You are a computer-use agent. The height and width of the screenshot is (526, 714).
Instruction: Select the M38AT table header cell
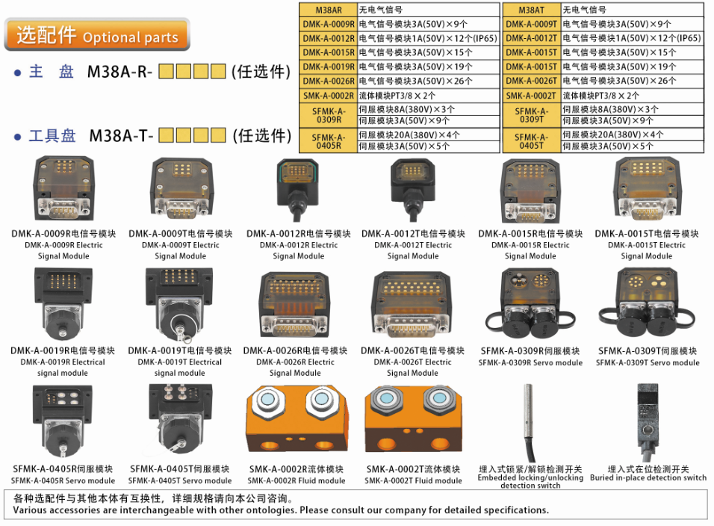[x=531, y=10]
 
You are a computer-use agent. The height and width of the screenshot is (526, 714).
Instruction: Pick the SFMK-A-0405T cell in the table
[x=531, y=141]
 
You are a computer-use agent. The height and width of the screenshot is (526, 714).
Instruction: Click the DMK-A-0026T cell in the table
[x=531, y=81]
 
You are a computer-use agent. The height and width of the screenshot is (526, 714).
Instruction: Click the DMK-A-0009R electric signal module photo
[x=62, y=191]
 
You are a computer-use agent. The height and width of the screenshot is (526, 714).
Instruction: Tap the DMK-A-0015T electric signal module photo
[x=646, y=191]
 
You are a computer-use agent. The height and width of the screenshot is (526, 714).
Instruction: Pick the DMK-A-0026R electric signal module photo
[x=295, y=306]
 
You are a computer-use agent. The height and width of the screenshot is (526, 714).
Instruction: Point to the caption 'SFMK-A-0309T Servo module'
[x=648, y=363]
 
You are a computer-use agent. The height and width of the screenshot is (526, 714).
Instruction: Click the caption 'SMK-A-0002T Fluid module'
[x=413, y=480]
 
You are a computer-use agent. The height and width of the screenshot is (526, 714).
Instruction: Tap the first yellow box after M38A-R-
[x=167, y=72]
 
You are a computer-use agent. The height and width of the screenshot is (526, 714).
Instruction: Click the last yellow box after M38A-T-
[x=217, y=135]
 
